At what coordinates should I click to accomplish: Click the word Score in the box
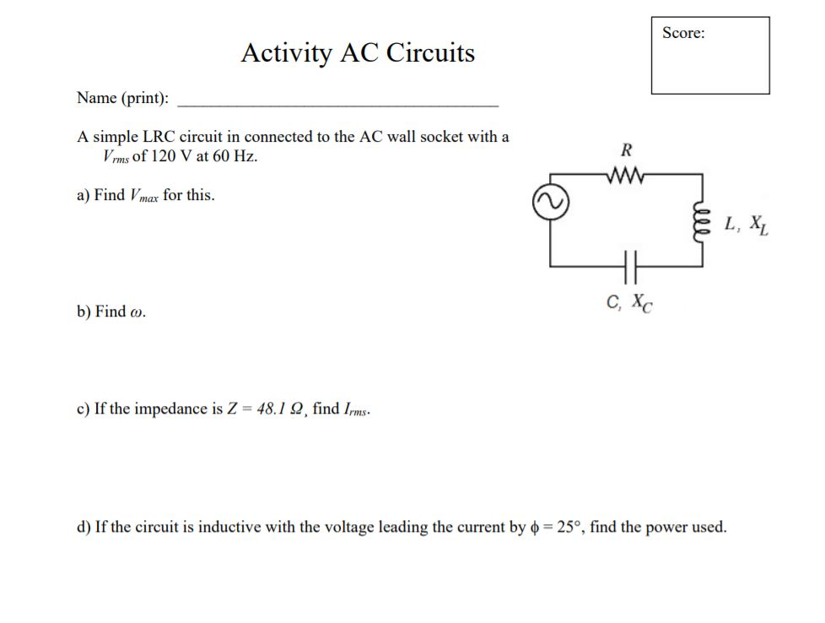683,33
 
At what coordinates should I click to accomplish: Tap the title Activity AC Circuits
358,53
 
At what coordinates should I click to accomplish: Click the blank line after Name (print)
337,101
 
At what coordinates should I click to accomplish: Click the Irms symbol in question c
354,410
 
